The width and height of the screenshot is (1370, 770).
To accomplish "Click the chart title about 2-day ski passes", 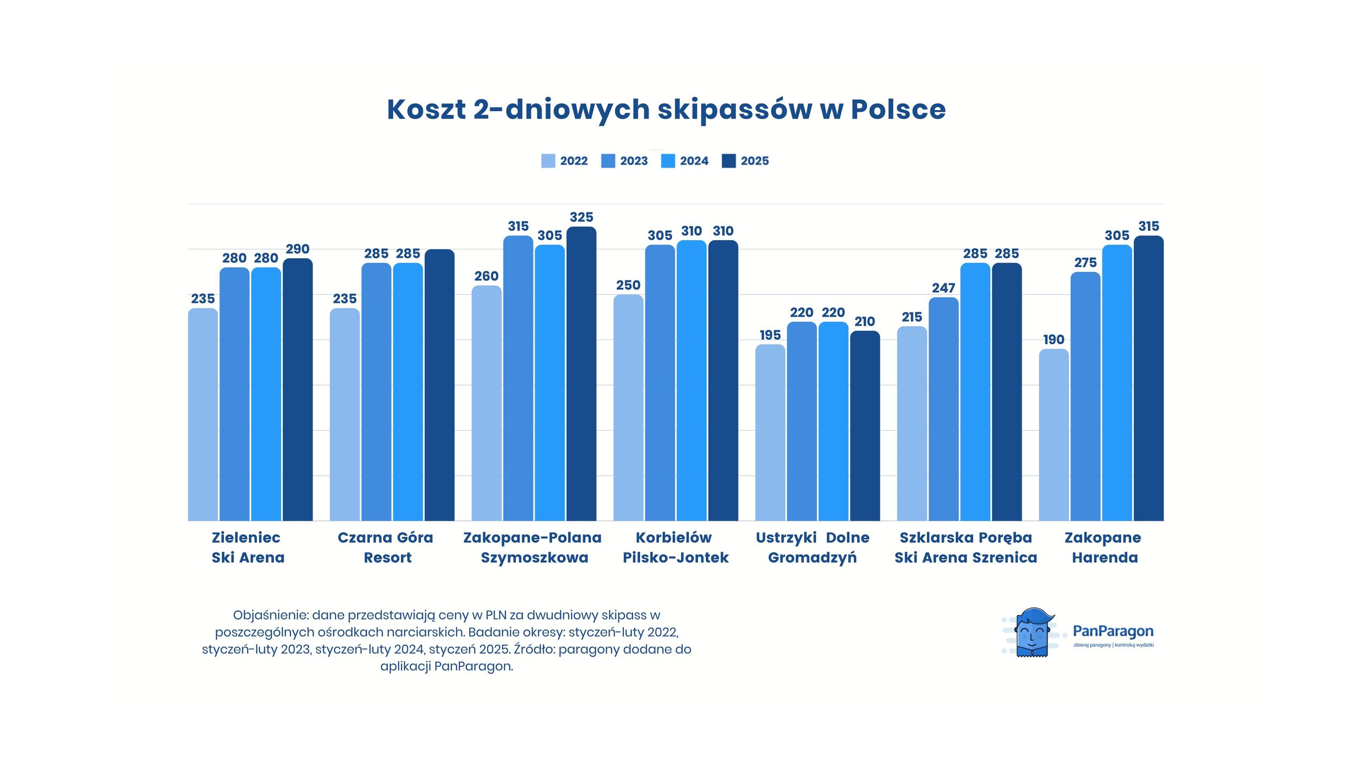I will [x=666, y=109].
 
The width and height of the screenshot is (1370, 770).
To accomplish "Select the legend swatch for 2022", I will [x=548, y=161].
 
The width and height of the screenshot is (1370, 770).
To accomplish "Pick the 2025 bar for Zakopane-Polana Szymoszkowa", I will [x=581, y=374].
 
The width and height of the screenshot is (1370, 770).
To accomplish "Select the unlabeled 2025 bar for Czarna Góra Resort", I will [x=439, y=385].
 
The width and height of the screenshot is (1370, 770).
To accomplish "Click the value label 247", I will [x=943, y=288].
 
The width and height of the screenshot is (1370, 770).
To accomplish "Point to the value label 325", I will [x=581, y=217].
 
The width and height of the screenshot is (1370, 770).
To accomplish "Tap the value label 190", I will [x=1053, y=340].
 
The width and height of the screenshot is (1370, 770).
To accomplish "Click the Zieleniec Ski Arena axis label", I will [x=247, y=547].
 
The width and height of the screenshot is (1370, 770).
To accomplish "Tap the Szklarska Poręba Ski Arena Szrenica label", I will [x=965, y=547].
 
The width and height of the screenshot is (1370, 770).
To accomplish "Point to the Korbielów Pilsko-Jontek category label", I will [x=675, y=547].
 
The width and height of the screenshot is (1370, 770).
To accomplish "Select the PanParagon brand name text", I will [x=1113, y=632].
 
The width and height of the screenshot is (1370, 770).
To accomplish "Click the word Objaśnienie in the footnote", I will [x=270, y=615].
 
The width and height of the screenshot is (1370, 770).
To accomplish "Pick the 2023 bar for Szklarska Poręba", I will [x=943, y=409].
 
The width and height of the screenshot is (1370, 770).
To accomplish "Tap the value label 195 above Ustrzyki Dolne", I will [x=770, y=335].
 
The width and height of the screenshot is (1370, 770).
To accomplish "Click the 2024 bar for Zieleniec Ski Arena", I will [x=266, y=394].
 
